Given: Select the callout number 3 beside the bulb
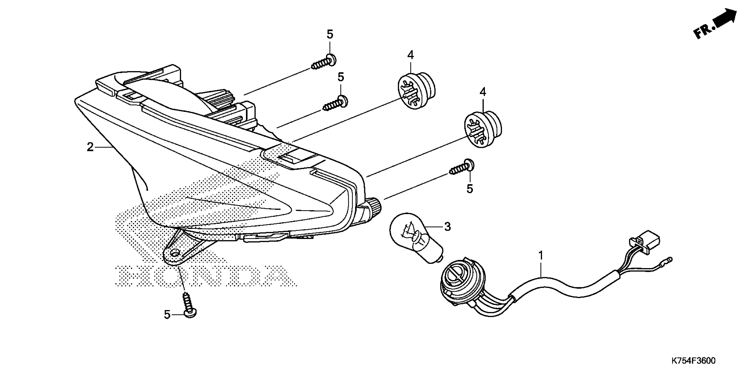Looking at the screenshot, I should (447, 227).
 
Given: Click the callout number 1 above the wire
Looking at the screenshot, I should (540, 256).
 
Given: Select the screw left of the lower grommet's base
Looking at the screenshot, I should (462, 168).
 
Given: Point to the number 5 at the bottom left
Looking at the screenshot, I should (167, 315).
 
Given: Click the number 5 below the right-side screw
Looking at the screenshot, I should (470, 189).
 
